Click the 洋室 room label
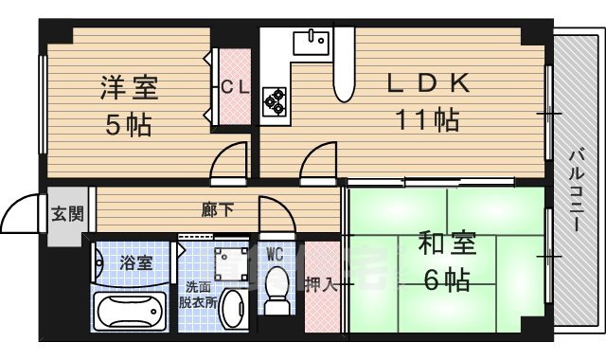tap(130, 90)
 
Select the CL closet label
tap(235, 87)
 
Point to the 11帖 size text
tap(427, 120)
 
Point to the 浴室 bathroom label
tap(135, 262)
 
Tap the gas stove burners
tap(276, 99)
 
